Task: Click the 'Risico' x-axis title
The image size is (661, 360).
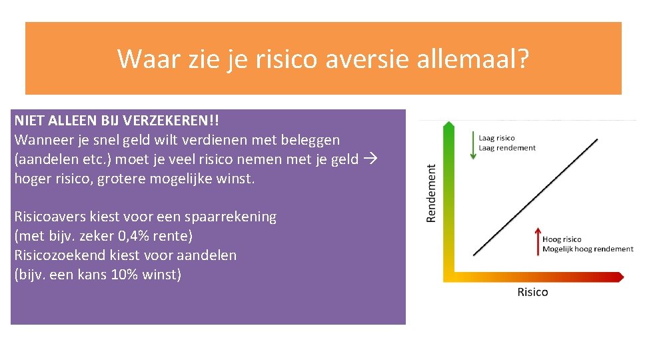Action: click(x=532, y=292)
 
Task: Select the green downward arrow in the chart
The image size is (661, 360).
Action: click(x=472, y=146)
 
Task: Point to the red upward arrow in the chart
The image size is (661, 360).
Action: click(x=537, y=240)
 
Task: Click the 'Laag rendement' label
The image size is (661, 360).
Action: click(x=507, y=148)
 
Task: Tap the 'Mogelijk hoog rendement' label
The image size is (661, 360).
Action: click(x=588, y=249)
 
